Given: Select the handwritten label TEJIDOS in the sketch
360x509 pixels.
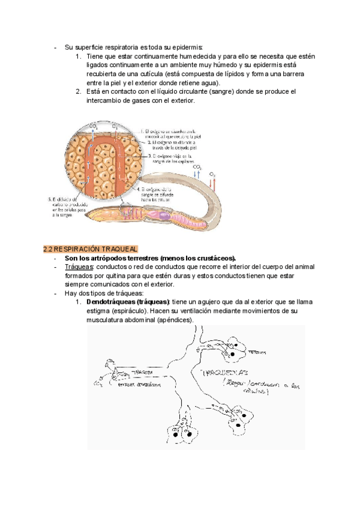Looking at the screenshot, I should coord(257,353).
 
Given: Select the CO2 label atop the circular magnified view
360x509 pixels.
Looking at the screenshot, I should coord(93,126).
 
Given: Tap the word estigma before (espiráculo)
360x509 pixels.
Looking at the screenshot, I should coord(99,311).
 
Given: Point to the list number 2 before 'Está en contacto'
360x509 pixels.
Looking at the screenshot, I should coord(78,92).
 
